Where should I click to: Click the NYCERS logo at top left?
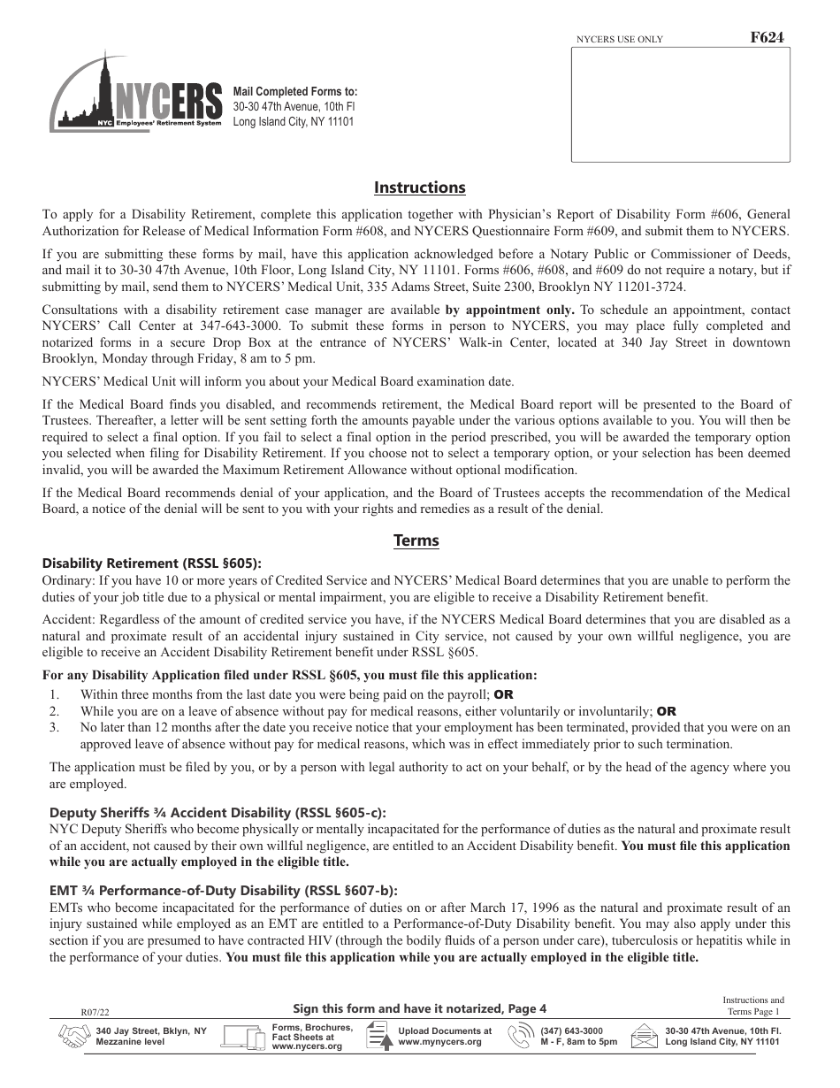pyautogui.click(x=135, y=96)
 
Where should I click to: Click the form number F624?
pyautogui.click(x=766, y=37)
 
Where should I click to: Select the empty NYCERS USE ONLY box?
pyautogui.click(x=680, y=104)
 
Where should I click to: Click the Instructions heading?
pyautogui.click(x=419, y=188)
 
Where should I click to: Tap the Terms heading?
pyautogui.click(x=416, y=540)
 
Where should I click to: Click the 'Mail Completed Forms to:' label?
pyautogui.click(x=295, y=92)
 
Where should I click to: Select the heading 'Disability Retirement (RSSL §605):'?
pyautogui.click(x=152, y=563)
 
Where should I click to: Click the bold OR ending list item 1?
pyautogui.click(x=503, y=694)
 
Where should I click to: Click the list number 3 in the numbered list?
pyautogui.click(x=54, y=727)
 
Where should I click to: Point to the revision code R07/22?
pyautogui.click(x=93, y=1012)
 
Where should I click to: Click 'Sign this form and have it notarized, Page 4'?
pyautogui.click(x=419, y=1008)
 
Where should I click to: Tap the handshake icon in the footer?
pyautogui.click(x=74, y=1037)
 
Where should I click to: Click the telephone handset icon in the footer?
pyautogui.click(x=526, y=1037)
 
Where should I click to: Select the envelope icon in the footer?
pyautogui.click(x=645, y=1037)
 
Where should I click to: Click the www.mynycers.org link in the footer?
pyautogui.click(x=439, y=1042)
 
